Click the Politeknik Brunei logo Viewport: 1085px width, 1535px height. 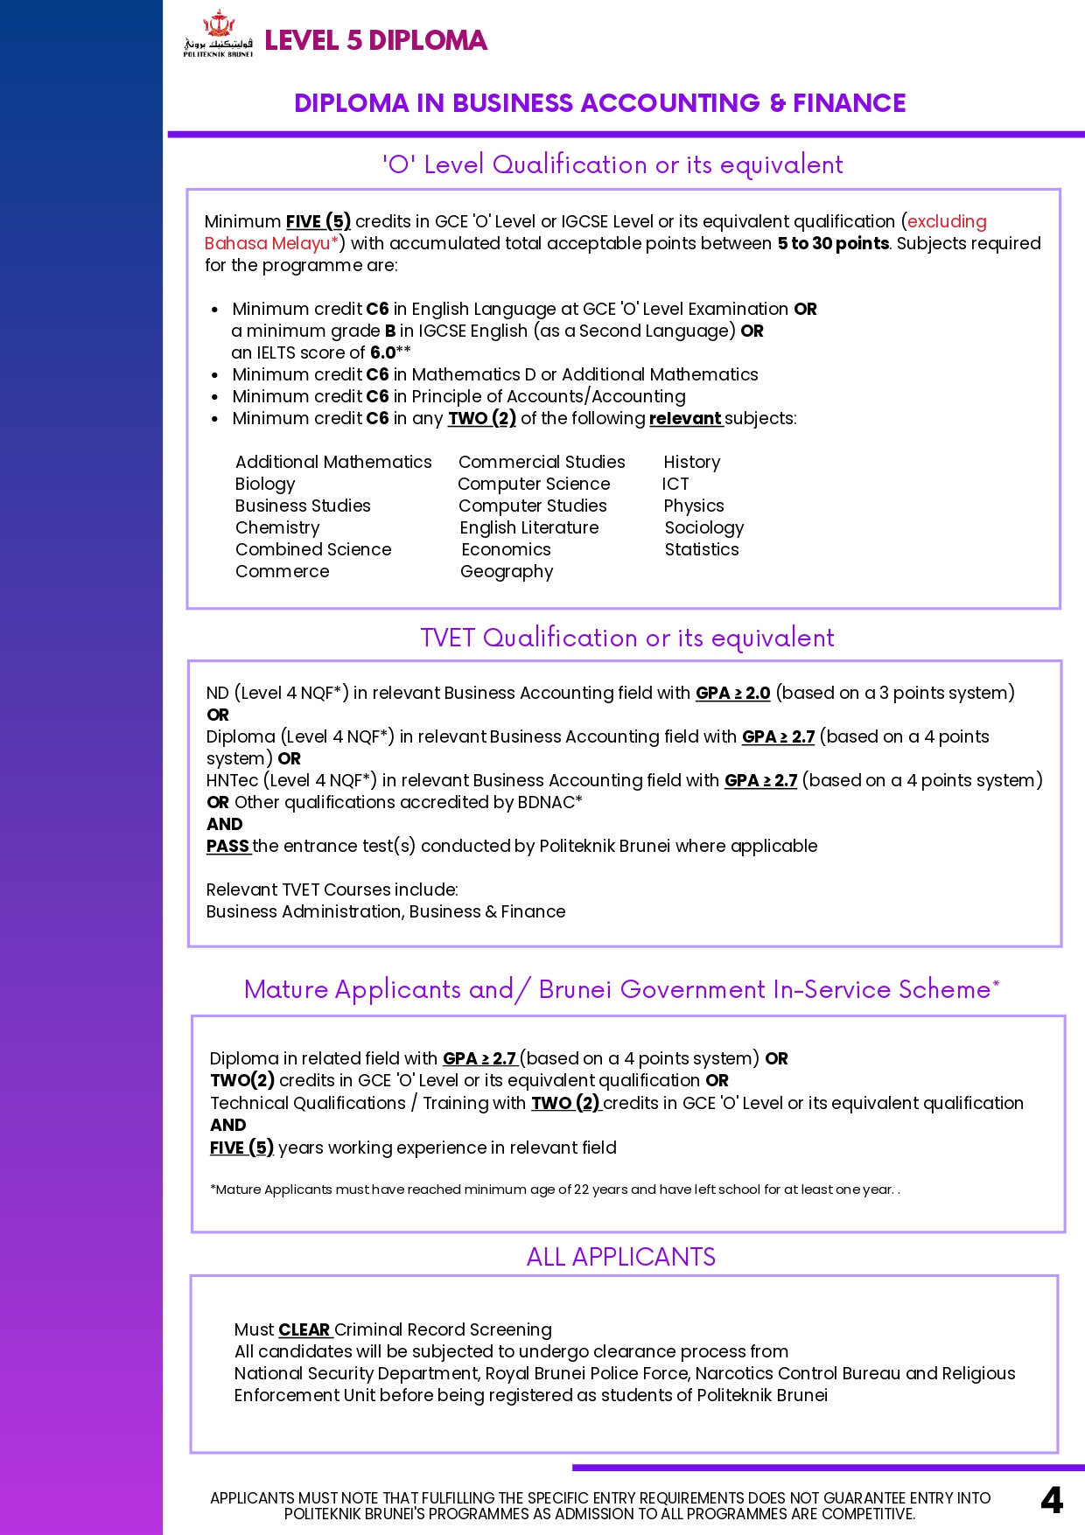pos(218,34)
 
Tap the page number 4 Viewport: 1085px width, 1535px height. pos(1052,1501)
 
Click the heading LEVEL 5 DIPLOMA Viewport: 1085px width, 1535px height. pos(375,40)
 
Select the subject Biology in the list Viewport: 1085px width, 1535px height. pos(265,484)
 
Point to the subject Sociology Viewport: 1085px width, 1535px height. pos(703,527)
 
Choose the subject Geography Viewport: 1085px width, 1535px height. pos(507,571)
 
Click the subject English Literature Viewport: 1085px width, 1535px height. pos(529,527)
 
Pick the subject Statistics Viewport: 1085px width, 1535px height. pos(702,549)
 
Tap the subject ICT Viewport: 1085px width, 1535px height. pos(675,484)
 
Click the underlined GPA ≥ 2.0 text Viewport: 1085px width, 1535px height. pos(732,693)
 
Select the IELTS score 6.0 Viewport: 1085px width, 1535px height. pos(383,352)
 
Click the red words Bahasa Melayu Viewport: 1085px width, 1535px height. pos(267,243)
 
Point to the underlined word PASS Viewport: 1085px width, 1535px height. pos(227,846)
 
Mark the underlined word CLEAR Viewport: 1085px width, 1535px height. pos(304,1329)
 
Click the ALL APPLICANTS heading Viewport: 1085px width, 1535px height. pos(620,1257)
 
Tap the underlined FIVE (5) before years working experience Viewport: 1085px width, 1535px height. pos(241,1148)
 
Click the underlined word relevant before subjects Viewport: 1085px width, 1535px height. pos(685,418)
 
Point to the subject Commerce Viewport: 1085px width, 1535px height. pos(282,571)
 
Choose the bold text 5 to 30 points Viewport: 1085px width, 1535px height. pos(833,243)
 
